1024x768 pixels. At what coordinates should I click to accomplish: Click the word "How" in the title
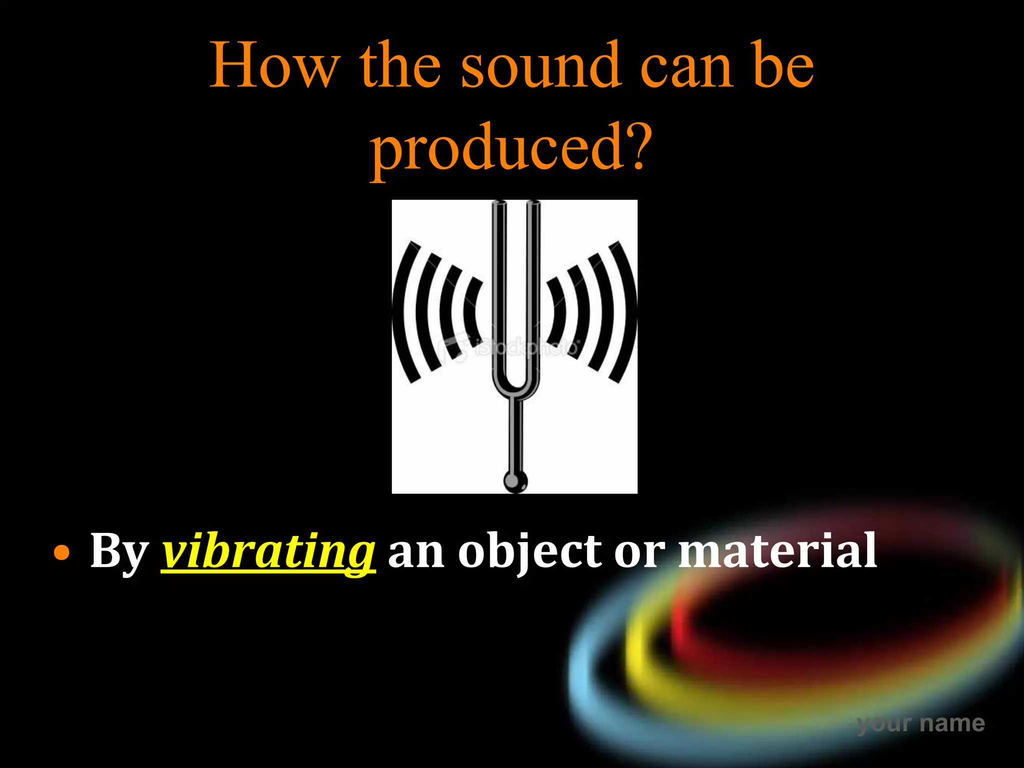pos(274,66)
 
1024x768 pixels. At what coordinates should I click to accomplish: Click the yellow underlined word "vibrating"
pos(268,551)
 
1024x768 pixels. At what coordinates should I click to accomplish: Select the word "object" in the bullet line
pos(530,551)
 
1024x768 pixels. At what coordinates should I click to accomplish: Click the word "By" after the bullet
pos(119,551)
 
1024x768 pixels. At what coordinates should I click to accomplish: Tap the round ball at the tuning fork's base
pos(515,482)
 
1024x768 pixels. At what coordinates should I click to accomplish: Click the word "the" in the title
pos(400,66)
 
